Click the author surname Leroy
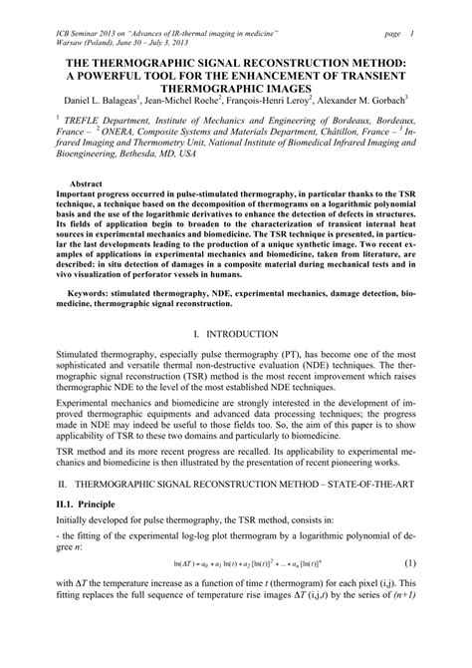279,100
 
